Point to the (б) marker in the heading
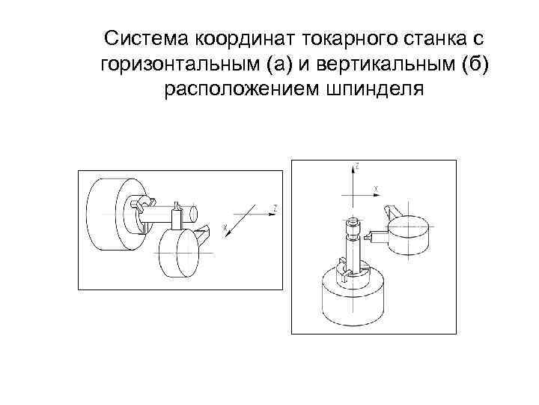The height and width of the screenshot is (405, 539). click(475, 64)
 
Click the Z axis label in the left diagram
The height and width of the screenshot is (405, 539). click(275, 208)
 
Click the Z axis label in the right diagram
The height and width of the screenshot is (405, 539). click(358, 166)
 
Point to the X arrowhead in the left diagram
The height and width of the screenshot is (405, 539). click(228, 235)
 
